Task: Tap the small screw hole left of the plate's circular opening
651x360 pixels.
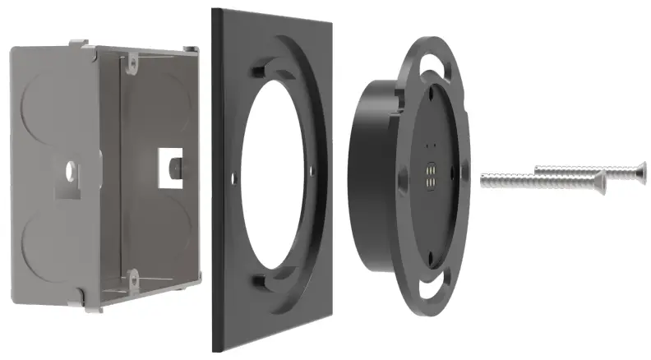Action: [x=235, y=174]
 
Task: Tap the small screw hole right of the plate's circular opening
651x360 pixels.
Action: [x=312, y=171]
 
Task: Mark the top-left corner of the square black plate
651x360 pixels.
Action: [x=214, y=10]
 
